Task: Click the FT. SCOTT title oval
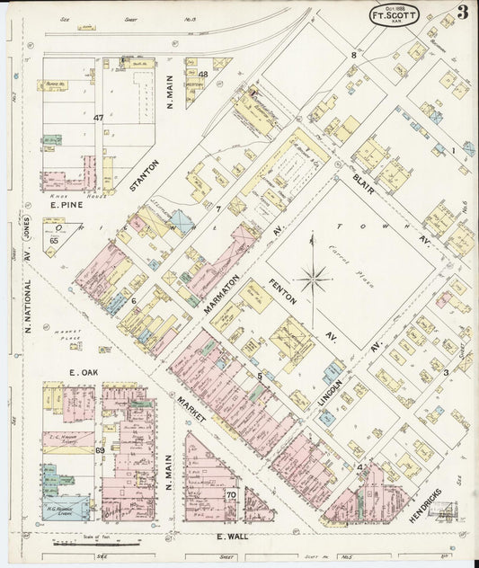click(394, 15)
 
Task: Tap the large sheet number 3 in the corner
click(461, 13)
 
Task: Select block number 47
click(98, 118)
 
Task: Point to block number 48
click(203, 75)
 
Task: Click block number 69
click(100, 449)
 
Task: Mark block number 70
click(231, 494)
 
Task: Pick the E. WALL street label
click(235, 537)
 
